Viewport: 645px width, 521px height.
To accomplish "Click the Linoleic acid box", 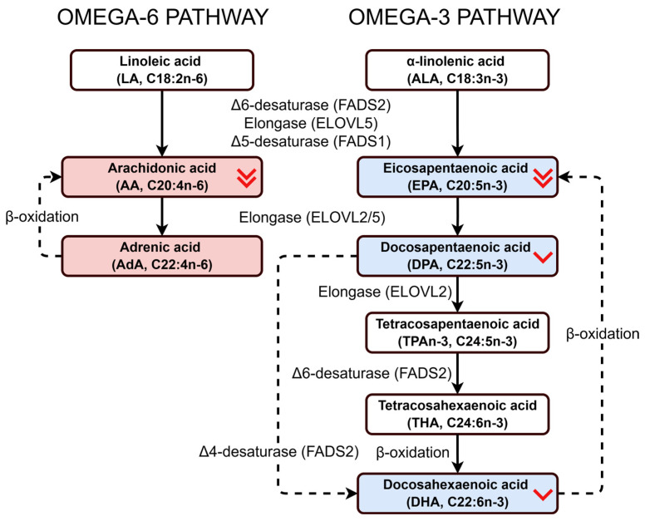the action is [x=161, y=70].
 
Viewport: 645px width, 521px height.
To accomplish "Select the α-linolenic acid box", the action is [x=457, y=70].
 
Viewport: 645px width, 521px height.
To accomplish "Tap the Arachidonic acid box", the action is [x=161, y=177].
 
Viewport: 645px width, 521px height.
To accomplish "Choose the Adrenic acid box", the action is [x=161, y=256].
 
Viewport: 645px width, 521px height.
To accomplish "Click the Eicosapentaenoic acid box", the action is [x=457, y=177].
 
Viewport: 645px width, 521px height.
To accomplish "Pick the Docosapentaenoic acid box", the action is [x=457, y=256].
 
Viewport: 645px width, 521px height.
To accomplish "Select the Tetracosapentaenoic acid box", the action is [x=457, y=332].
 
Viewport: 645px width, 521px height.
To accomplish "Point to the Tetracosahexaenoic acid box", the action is [x=457, y=414].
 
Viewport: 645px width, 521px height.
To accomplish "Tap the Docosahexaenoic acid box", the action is [x=457, y=494].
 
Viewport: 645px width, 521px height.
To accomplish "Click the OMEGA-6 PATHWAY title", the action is [x=162, y=17].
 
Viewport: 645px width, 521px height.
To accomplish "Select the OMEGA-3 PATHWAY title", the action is [x=454, y=17].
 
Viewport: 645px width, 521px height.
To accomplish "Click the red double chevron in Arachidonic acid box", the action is [x=246, y=178].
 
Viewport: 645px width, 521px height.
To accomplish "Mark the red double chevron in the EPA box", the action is [x=543, y=178].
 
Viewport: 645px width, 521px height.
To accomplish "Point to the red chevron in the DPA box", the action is [x=543, y=257].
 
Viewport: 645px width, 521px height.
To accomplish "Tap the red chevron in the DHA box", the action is [x=543, y=494].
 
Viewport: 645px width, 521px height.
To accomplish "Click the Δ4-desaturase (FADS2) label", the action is [x=279, y=452].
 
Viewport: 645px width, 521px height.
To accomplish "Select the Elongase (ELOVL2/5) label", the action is [x=313, y=218].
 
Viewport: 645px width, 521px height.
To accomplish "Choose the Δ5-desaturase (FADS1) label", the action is [x=311, y=141].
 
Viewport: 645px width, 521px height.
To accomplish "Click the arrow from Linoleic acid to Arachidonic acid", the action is [x=162, y=123].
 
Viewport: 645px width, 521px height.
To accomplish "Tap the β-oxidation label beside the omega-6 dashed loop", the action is [x=42, y=217].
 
